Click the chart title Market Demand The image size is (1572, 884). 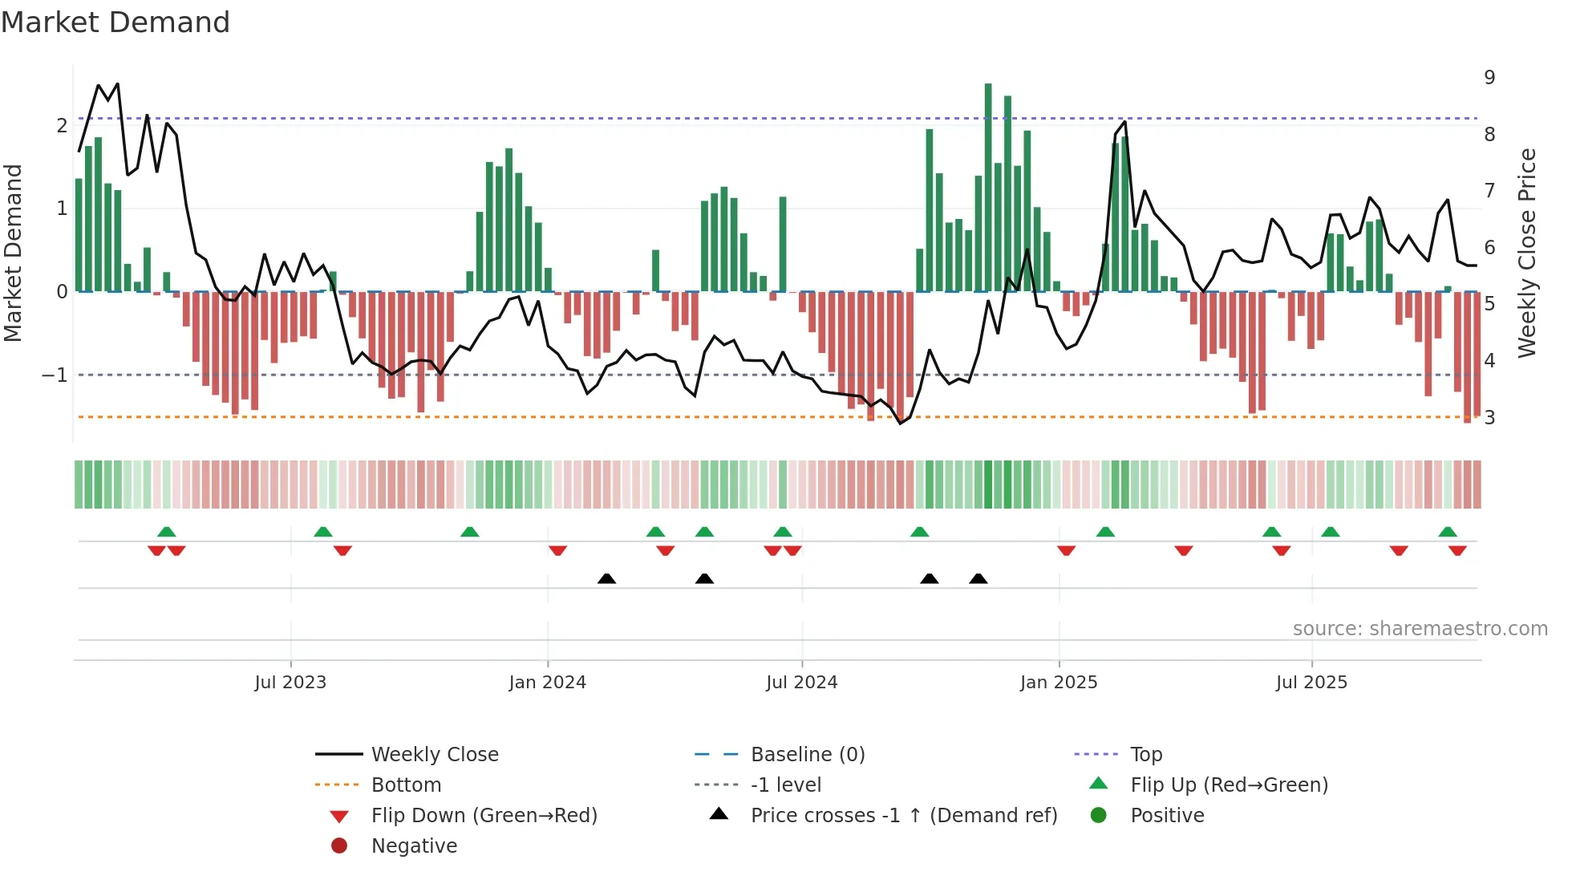115,22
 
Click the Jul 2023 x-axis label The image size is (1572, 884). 290,683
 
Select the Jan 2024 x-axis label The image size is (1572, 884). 547,683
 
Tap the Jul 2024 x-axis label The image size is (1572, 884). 801,683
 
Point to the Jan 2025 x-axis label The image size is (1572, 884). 1059,683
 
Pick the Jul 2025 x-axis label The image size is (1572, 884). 1311,683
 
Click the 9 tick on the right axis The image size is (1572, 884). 1489,78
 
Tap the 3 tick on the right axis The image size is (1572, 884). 1489,418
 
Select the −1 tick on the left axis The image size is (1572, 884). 55,375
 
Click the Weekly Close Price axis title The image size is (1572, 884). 1528,253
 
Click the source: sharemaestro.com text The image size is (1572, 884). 1420,629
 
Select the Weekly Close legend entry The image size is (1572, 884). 434,755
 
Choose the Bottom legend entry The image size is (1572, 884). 406,785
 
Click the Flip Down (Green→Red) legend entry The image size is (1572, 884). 484,816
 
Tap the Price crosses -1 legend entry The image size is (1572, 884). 903,816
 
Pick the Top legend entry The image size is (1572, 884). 1145,755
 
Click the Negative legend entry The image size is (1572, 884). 414,846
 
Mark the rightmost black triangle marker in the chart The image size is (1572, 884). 978,578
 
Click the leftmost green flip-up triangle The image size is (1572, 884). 166,532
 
